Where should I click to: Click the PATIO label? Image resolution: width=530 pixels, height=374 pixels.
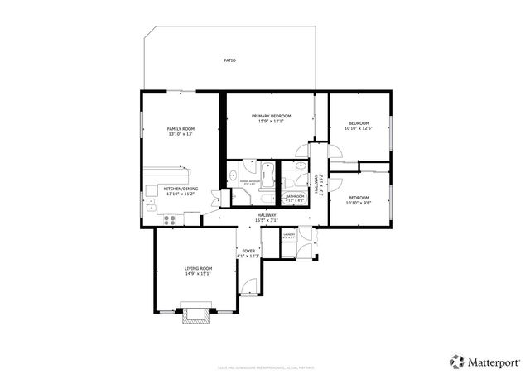[x=229, y=60]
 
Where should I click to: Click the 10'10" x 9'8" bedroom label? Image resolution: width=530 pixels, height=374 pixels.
[x=359, y=199]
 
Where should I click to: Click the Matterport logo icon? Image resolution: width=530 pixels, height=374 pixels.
[x=457, y=361]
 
